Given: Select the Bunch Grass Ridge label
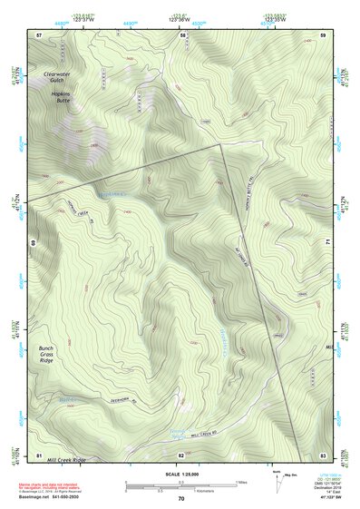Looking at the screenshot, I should click(x=51, y=356).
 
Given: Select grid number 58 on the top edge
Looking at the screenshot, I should click(x=182, y=34).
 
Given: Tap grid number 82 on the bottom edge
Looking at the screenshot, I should click(x=181, y=454).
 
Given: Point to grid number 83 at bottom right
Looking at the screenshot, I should click(x=323, y=454).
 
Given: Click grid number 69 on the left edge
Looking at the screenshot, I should click(x=33, y=243).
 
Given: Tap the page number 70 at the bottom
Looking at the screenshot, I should click(x=181, y=499).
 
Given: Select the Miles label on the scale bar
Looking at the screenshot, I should click(x=240, y=481).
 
